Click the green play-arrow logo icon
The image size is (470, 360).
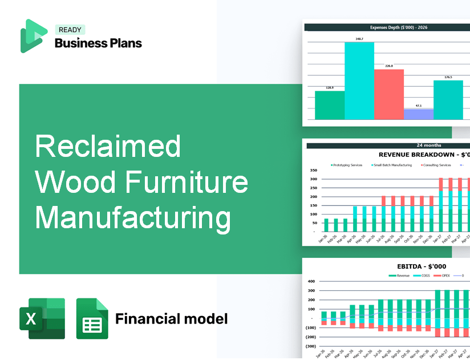pos(34,36)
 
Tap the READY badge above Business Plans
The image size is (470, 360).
pos(70,30)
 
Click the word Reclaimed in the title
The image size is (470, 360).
pos(108,147)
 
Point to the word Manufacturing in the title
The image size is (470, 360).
pos(133,218)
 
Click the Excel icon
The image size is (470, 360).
pos(42,318)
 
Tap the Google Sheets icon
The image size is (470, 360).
pos(92,318)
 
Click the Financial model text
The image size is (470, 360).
pos(171,318)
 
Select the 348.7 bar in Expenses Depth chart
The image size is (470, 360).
pos(359,80)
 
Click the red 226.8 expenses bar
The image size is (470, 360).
pos(388,94)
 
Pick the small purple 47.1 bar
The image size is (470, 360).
pos(418,114)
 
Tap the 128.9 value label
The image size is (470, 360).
pos(329,88)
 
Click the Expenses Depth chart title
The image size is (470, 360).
pos(388,27)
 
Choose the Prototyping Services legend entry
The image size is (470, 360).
pos(346,165)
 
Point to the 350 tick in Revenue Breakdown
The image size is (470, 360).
pos(313,170)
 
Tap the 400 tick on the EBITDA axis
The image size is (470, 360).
pos(311,281)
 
